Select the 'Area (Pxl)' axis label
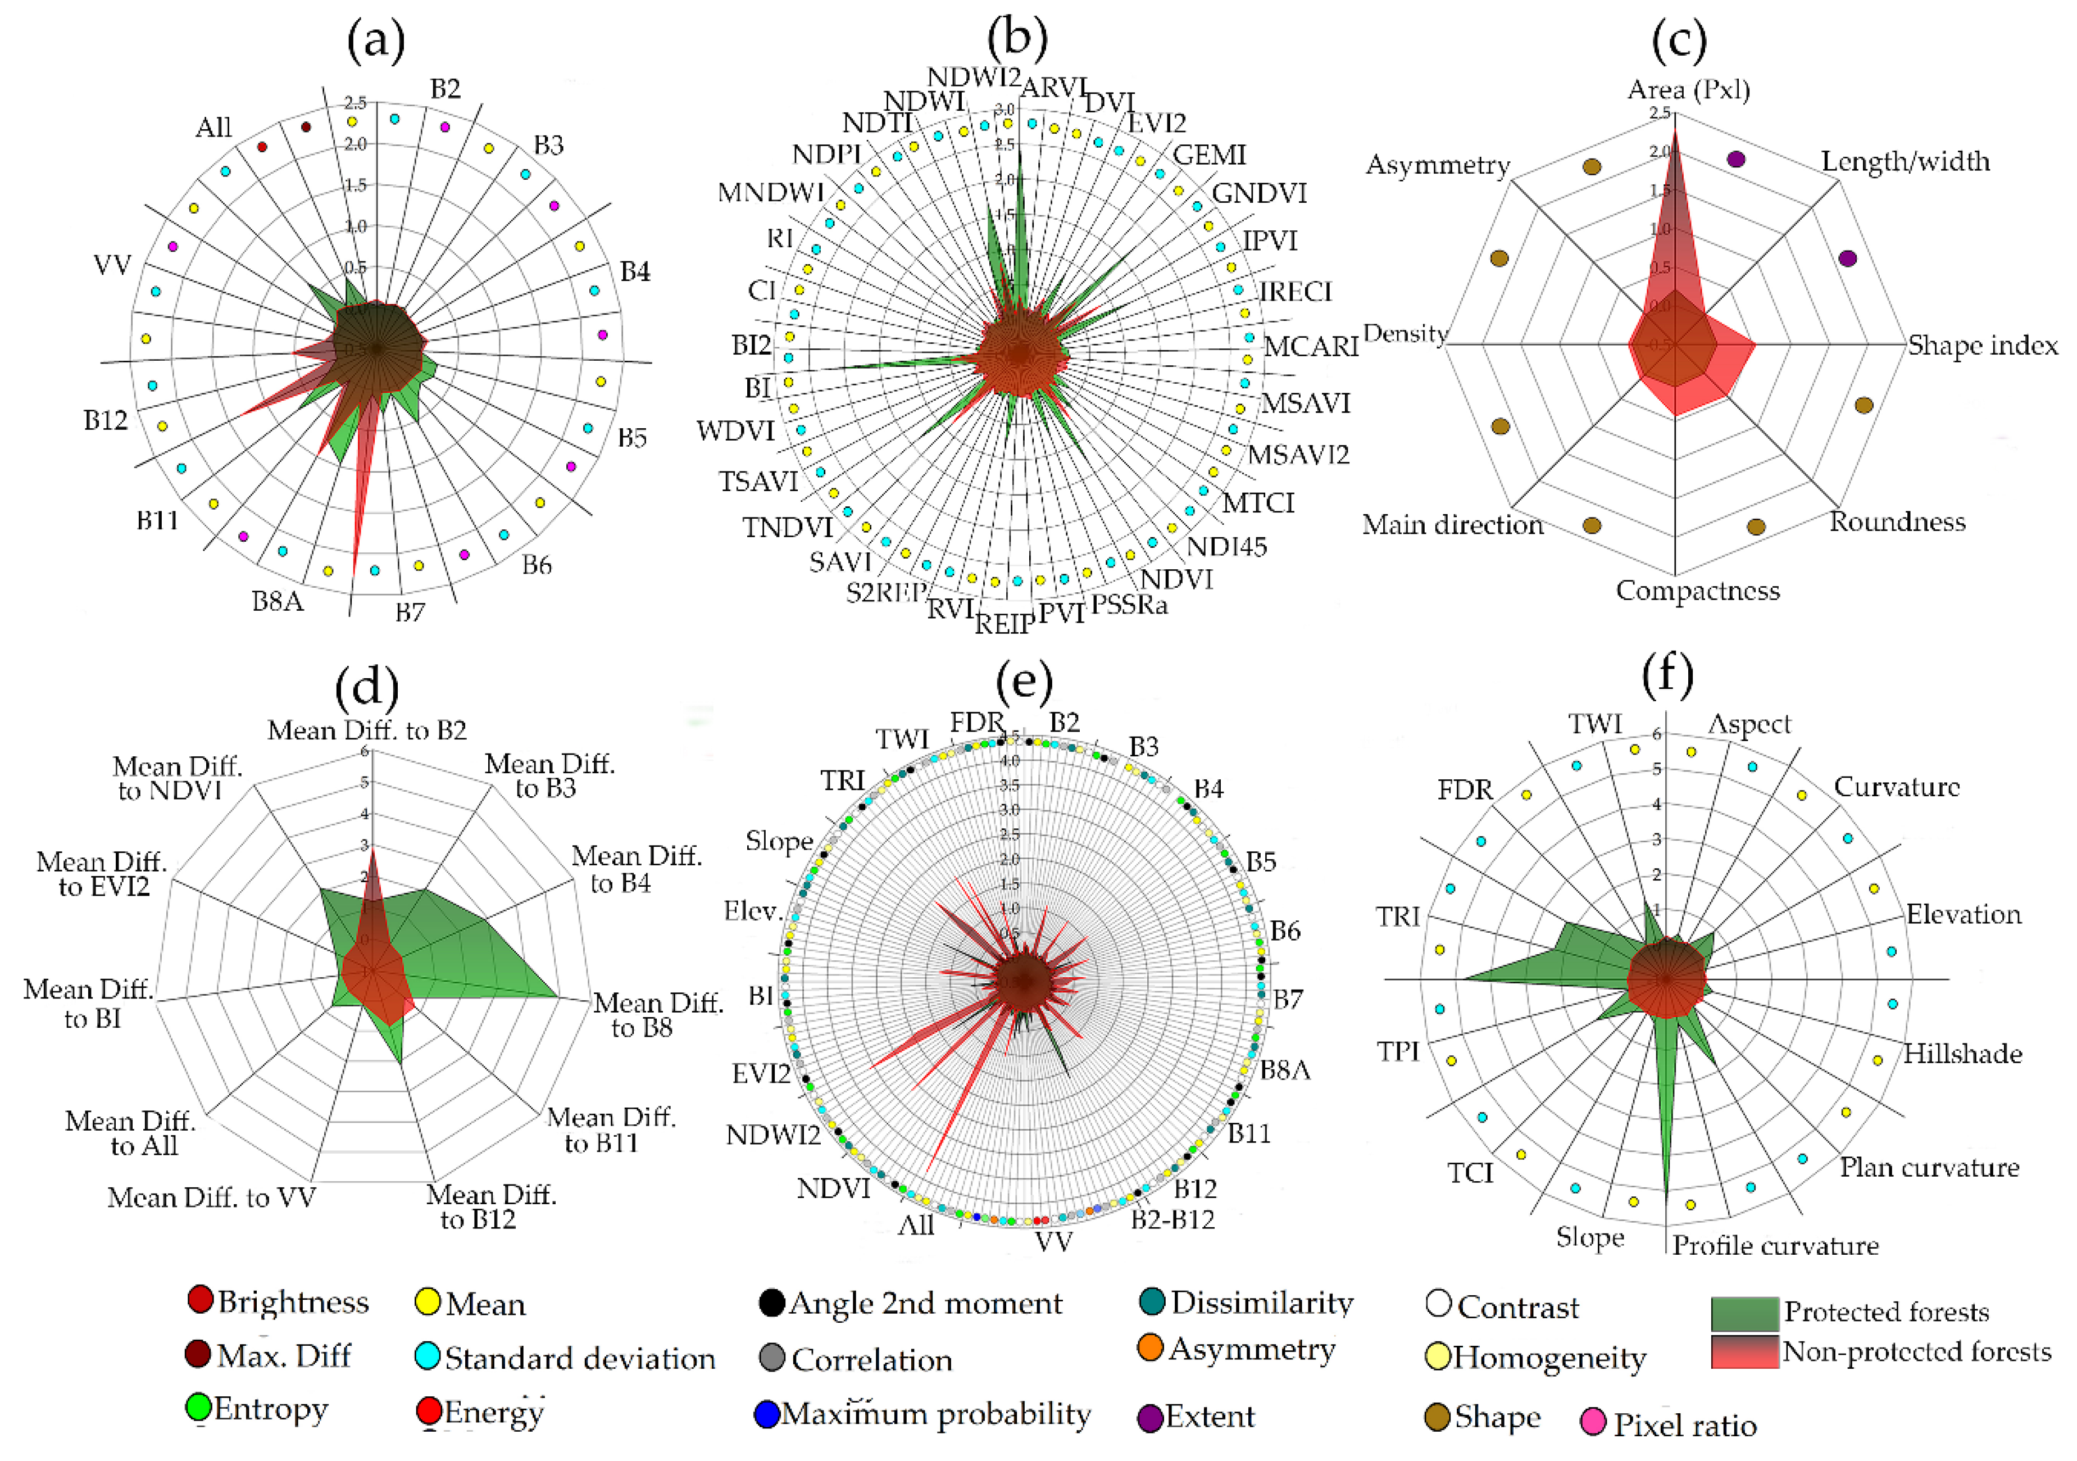1688,89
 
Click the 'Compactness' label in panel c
1697,591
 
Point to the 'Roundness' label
1897,522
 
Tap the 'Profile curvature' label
1775,1246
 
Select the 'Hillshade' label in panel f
1962,1054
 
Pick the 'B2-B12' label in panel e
1172,1219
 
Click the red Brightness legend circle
200,1299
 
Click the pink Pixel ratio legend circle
1593,1422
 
